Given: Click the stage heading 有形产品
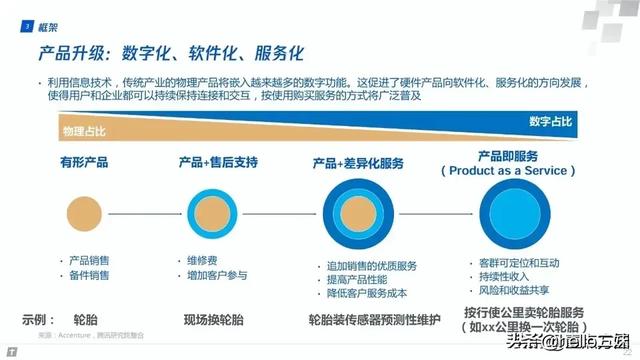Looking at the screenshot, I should point(85,162).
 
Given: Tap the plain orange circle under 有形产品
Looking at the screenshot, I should point(84,211).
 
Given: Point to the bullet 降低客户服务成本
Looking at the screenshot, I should point(368,291).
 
